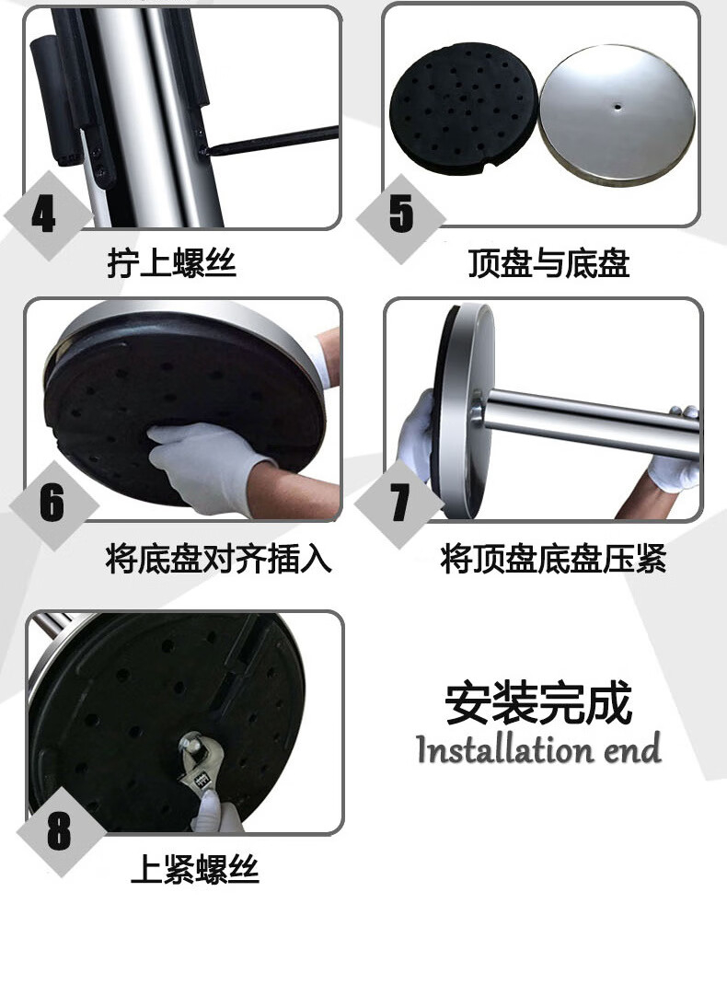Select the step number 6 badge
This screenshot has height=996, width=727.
tap(53, 505)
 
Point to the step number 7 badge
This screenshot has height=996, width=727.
tap(399, 504)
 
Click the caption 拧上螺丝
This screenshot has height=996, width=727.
tap(171, 263)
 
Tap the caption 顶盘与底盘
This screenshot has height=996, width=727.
tap(548, 263)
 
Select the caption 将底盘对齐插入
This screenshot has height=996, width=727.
tap(218, 560)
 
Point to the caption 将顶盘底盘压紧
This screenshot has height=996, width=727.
tap(553, 560)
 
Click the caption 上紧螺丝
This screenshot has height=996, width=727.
tap(195, 869)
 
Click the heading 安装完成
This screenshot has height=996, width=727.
tap(538, 702)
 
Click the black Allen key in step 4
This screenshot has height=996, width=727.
tap(272, 140)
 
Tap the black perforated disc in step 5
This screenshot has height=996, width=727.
tap(464, 109)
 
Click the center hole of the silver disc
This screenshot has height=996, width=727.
tap(617, 106)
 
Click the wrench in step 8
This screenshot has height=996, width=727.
tap(201, 768)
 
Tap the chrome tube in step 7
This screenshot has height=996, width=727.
tap(591, 423)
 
